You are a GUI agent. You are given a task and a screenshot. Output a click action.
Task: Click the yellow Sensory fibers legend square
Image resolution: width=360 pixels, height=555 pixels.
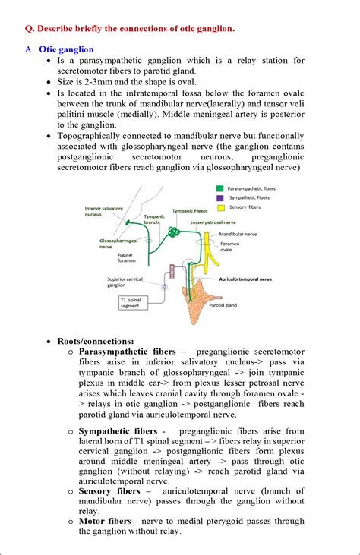[x=220, y=206]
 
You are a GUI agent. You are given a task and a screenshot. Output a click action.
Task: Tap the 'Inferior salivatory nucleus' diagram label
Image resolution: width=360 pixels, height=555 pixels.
[x=103, y=211]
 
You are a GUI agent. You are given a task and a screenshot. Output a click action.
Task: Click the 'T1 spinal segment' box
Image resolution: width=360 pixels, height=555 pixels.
[x=133, y=302]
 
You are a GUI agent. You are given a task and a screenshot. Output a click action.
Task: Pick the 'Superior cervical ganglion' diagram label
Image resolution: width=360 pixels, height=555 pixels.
[x=128, y=282]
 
